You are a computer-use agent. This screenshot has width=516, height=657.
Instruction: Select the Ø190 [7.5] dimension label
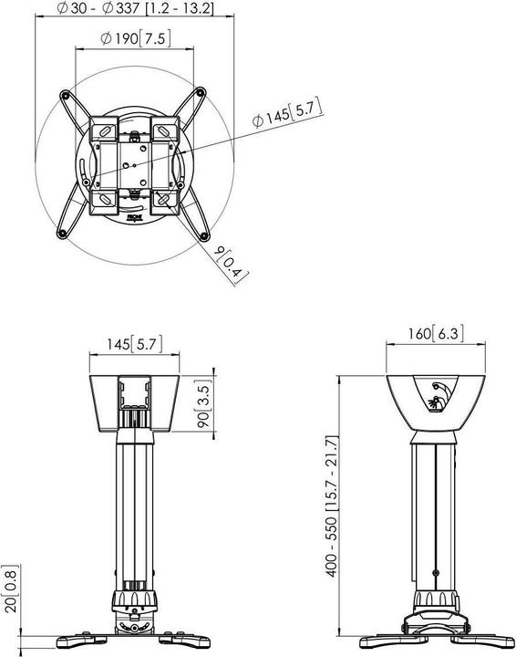click(x=135, y=38)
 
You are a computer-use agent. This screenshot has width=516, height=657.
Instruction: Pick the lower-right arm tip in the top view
click(x=201, y=235)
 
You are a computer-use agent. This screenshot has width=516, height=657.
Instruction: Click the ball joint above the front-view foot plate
click(x=134, y=602)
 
